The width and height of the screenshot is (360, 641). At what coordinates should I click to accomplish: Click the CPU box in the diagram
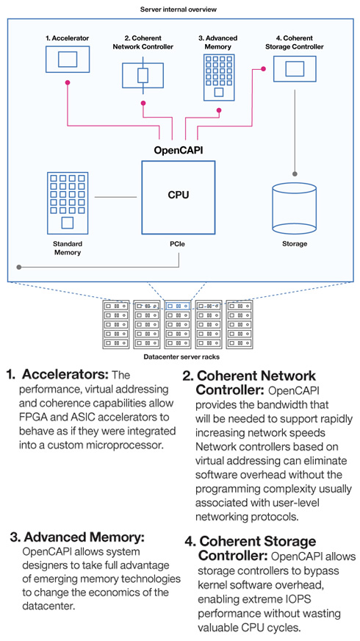(x=178, y=198)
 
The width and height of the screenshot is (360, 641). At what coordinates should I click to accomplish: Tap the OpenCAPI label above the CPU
(x=178, y=150)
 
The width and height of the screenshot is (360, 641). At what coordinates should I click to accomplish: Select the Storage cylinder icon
(x=294, y=207)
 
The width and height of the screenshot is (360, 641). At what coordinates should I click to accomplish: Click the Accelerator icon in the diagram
(x=68, y=60)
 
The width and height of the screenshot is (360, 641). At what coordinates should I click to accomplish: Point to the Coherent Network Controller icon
(x=143, y=76)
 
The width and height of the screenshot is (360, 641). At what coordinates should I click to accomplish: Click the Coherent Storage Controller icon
(x=295, y=68)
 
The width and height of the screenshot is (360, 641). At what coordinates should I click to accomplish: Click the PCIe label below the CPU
(x=179, y=244)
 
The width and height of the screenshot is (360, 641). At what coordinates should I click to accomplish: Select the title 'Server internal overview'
(x=179, y=9)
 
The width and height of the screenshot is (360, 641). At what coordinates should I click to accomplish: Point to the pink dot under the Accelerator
(x=68, y=82)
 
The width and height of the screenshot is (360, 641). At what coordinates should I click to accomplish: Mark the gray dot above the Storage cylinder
(x=295, y=173)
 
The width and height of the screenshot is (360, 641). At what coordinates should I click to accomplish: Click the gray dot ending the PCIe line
(x=19, y=268)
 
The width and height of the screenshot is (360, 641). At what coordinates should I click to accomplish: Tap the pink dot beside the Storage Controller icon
(x=263, y=68)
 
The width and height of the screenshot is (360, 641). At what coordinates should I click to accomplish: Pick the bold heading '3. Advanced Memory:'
(x=77, y=537)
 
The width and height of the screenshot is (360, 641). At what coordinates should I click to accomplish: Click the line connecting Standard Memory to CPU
(x=115, y=198)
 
